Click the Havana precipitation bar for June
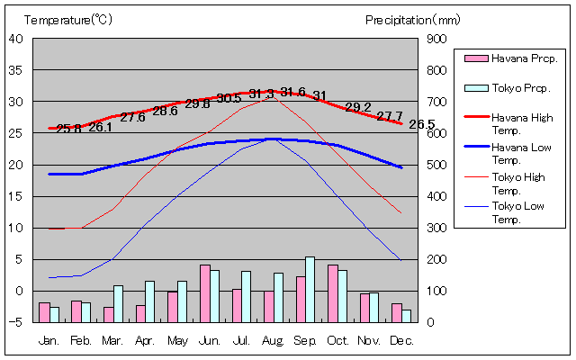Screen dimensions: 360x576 [x=205, y=293]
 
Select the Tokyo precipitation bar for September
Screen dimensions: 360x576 [x=310, y=289]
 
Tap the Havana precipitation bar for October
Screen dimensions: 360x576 [x=333, y=293]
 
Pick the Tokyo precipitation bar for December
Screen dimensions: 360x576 [x=407, y=315]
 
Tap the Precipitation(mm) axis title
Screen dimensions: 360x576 [x=412, y=19]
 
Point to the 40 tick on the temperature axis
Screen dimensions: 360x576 [x=15, y=38]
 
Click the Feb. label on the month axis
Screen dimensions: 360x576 [x=81, y=340]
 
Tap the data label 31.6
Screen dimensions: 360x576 [x=293, y=92]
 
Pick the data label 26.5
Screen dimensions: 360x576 [x=421, y=124]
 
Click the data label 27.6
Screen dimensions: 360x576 [x=132, y=117]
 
